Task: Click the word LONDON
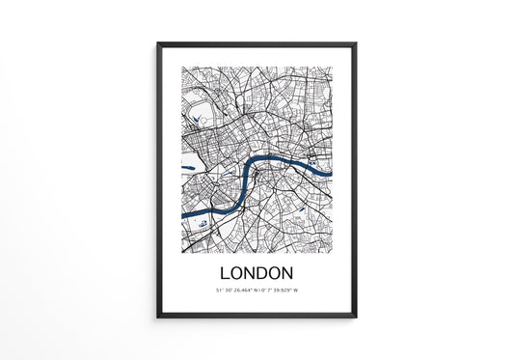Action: pyautogui.click(x=257, y=272)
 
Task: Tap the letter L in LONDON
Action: pyautogui.click(x=226, y=272)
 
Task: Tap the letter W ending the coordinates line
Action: pyautogui.click(x=298, y=290)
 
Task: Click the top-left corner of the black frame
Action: pyautogui.click(x=158, y=43)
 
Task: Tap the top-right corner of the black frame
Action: pyautogui.click(x=356, y=43)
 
